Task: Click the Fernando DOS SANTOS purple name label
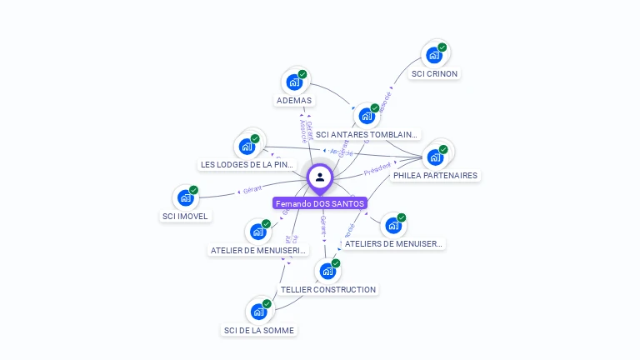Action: point(320,203)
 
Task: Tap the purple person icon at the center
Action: point(320,177)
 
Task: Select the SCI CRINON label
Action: point(434,73)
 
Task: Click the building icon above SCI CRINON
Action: point(434,55)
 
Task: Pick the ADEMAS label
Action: point(293,101)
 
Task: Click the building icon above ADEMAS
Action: point(294,82)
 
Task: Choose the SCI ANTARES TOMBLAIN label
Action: point(367,135)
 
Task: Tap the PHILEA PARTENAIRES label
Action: point(435,176)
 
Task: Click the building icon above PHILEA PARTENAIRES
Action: point(435,157)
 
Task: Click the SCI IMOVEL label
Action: point(185,217)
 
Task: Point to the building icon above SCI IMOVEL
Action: point(185,198)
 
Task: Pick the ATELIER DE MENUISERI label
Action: point(258,250)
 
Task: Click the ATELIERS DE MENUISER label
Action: point(393,244)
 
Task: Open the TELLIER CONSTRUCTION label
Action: point(328,290)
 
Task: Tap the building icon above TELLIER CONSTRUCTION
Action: point(328,271)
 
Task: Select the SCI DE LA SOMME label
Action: point(259,331)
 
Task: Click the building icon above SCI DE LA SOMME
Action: point(259,312)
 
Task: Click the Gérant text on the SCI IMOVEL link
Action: point(252,190)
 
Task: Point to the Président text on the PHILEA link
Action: point(377,170)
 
